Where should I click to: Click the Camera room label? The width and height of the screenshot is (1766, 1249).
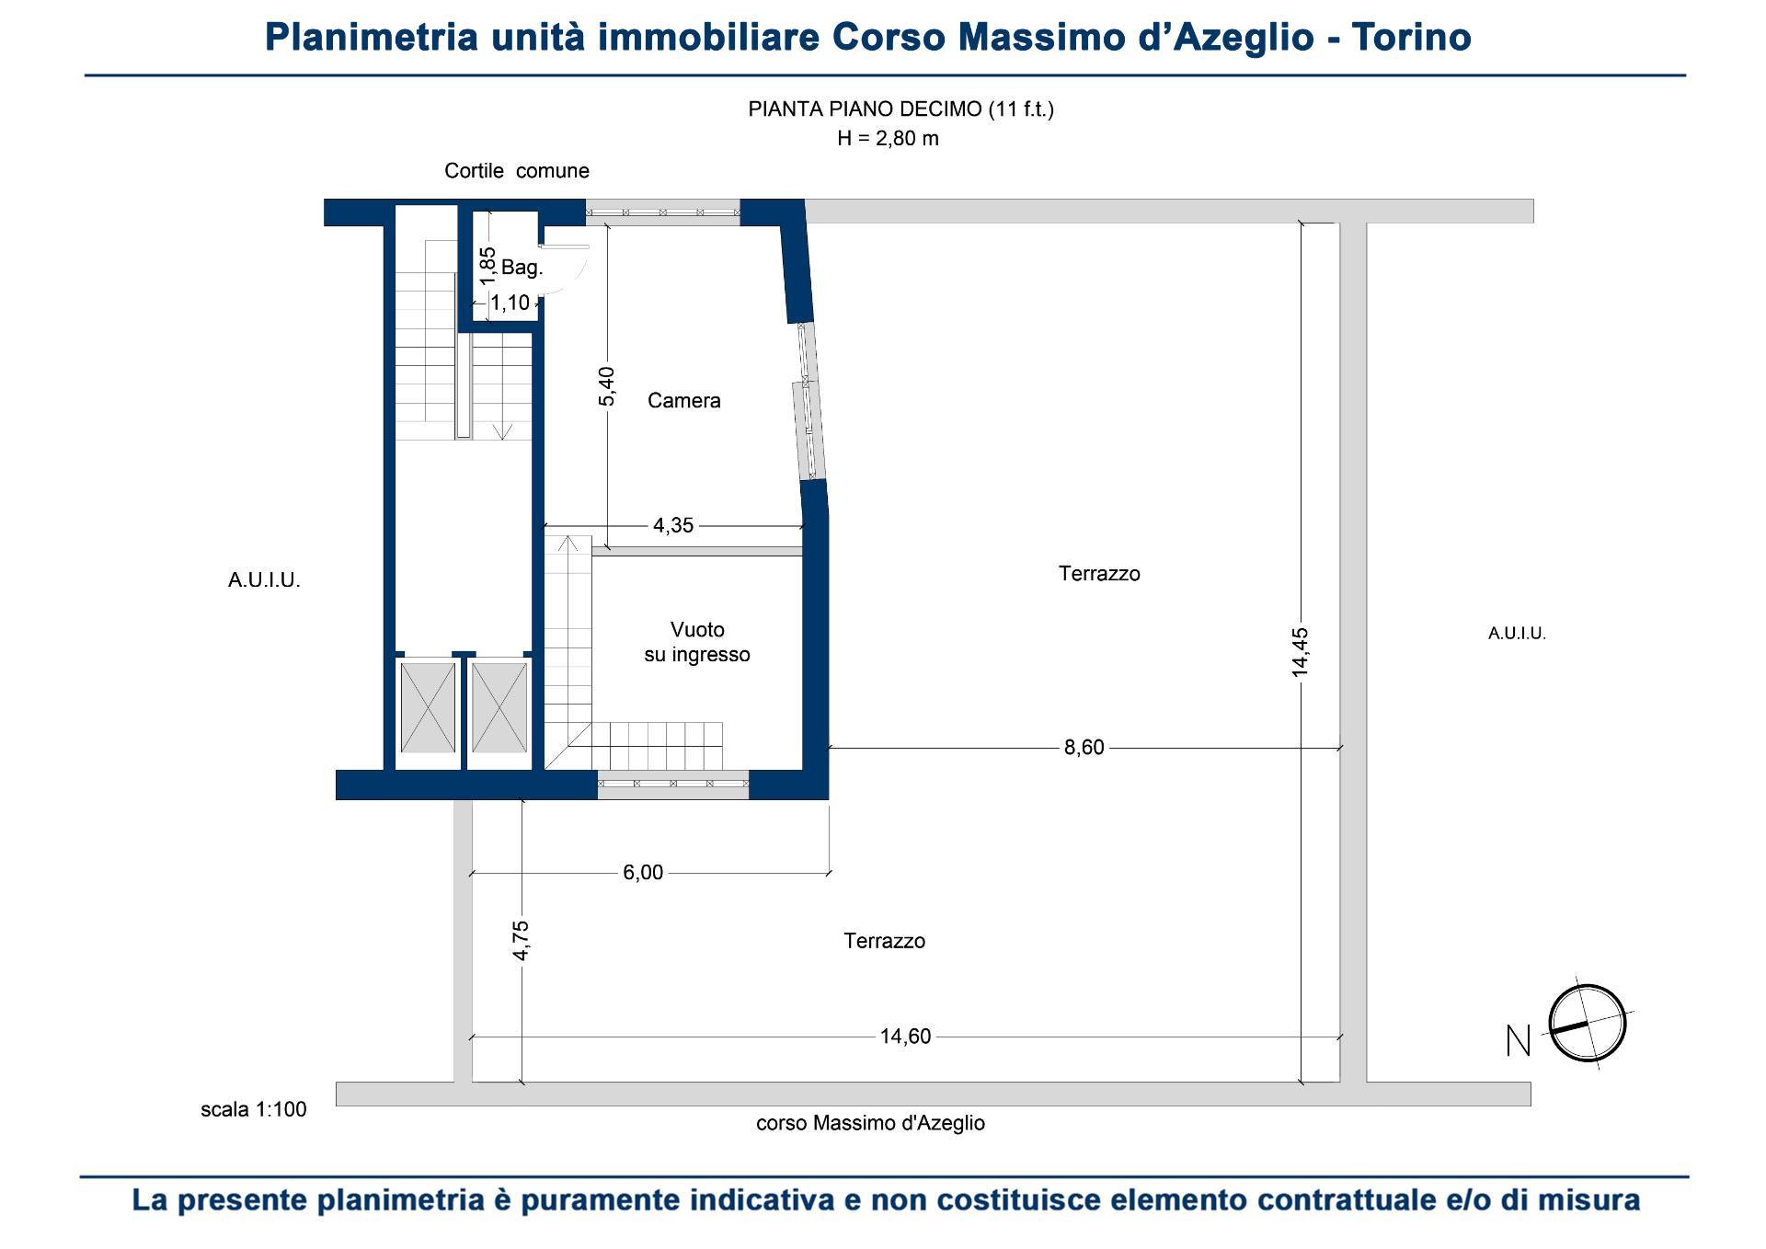[683, 400]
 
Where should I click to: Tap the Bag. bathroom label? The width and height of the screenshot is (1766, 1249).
[522, 268]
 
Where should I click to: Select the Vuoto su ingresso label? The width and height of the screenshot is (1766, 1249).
[697, 642]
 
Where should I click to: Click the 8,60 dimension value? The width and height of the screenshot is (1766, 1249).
[1084, 748]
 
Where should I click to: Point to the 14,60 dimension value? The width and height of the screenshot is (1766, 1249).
[905, 1037]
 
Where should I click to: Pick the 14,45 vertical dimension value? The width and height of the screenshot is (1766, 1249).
[1300, 653]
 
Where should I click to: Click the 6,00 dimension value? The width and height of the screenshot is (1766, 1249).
[643, 872]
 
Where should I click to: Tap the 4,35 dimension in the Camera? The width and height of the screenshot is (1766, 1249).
[673, 525]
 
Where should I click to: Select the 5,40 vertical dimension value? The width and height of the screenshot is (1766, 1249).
[607, 385]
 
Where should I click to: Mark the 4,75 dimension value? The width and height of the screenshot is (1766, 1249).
[521, 940]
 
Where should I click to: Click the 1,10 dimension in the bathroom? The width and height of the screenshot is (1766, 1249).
[510, 303]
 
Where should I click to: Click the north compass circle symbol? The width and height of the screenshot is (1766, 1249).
[1588, 1023]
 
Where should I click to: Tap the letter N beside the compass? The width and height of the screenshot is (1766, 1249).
[1519, 1041]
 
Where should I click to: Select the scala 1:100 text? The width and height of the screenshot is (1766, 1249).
[254, 1109]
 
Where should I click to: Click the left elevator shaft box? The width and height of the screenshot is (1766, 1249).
[428, 707]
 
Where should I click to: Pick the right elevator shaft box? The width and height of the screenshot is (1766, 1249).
[499, 707]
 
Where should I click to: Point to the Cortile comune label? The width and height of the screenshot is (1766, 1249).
[517, 170]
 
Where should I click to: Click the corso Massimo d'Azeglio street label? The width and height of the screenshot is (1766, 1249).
[870, 1123]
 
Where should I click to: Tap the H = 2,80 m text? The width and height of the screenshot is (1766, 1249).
[888, 139]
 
